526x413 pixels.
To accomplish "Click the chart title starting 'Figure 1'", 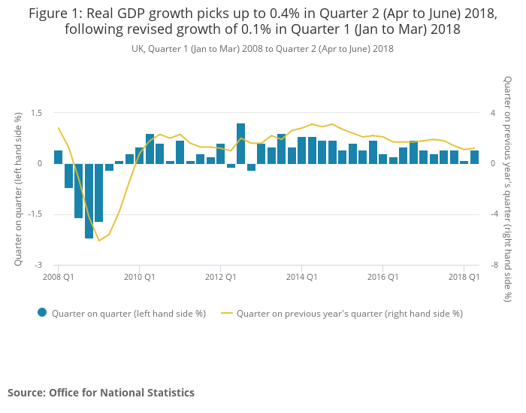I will [x=262, y=22].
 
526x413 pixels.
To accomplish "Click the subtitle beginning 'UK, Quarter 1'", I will [x=262, y=49].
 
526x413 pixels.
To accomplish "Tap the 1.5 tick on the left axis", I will [x=37, y=113].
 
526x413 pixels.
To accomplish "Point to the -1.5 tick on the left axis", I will [x=35, y=214].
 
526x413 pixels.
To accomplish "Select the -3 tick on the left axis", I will [x=39, y=266].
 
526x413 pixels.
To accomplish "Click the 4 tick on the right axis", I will [x=493, y=113].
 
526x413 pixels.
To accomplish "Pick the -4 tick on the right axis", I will [x=494, y=214].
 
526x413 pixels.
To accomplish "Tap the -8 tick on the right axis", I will [x=494, y=266].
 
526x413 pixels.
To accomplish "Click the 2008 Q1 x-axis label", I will [x=58, y=278].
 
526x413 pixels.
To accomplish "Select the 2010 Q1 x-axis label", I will [x=139, y=278].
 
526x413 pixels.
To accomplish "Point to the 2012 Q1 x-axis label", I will [x=220, y=278].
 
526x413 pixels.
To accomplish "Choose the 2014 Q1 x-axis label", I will [x=301, y=278].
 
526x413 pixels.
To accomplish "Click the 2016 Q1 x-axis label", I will [x=382, y=278].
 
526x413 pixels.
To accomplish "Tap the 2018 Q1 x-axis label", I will [x=464, y=278].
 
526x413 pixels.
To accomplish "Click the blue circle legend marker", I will [x=42, y=313].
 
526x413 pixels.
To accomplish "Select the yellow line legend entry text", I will [x=349, y=314].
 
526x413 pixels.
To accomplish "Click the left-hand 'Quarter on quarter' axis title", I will [x=18, y=189].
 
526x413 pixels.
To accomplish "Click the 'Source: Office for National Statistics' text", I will [x=101, y=393].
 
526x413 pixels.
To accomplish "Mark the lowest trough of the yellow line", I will [x=98, y=241].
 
